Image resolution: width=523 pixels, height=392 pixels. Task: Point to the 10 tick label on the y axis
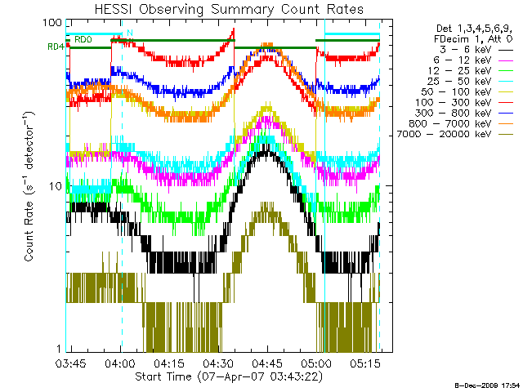55,186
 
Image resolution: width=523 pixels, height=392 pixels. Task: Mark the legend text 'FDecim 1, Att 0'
474,38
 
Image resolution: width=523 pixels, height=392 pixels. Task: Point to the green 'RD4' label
56,47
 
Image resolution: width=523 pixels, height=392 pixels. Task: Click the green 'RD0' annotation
83,39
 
